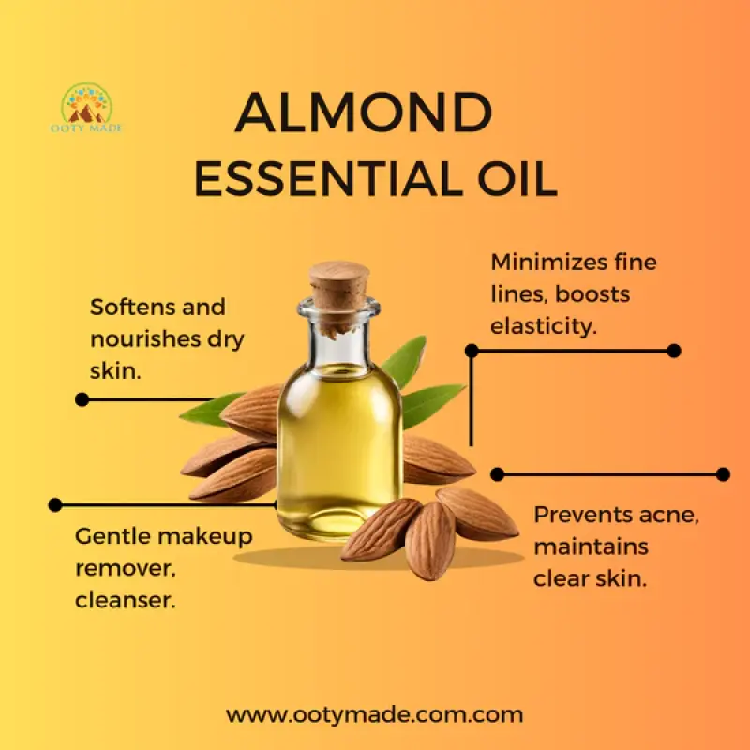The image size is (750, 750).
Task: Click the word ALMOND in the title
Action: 364,113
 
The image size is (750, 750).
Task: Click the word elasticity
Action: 545,327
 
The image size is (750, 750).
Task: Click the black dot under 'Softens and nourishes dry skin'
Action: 82,399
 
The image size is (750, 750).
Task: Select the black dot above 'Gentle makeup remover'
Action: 55,504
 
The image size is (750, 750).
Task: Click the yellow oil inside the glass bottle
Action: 339,441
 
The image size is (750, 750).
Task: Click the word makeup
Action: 203,536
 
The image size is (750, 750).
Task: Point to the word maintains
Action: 591,547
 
